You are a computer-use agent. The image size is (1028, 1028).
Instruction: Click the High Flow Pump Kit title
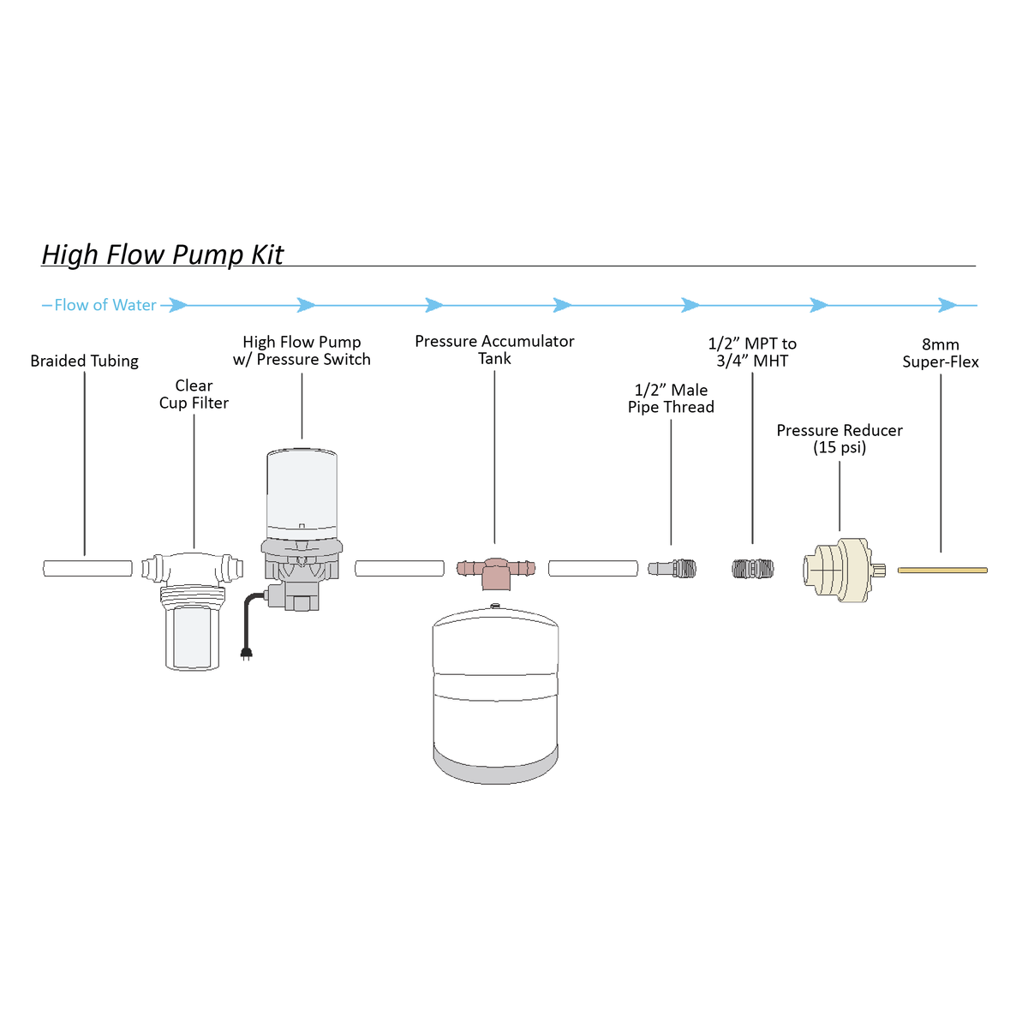(162, 254)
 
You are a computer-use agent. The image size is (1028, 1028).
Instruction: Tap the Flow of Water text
(105, 305)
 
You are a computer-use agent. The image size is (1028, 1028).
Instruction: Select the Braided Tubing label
(84, 362)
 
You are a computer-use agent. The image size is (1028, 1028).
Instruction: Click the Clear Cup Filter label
(194, 394)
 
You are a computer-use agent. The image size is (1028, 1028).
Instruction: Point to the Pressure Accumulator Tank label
(494, 350)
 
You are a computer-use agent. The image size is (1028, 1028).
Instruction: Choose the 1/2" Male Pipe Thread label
(671, 398)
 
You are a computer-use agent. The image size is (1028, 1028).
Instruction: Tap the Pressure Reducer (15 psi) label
(840, 439)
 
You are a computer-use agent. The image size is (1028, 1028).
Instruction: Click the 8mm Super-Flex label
(941, 353)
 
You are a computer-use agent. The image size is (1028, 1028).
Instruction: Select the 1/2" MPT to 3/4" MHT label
(752, 352)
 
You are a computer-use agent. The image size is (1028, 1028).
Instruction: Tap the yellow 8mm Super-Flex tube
(942, 571)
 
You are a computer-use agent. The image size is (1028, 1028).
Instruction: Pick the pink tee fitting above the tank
(496, 573)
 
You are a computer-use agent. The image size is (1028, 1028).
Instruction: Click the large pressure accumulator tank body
(496, 694)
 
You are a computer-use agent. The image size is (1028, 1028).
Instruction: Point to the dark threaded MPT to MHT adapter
(753, 569)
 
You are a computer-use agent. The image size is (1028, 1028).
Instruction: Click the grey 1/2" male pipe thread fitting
(672, 569)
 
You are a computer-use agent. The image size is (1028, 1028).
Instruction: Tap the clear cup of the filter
(192, 634)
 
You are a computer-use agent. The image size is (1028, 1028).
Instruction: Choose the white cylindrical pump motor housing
(302, 494)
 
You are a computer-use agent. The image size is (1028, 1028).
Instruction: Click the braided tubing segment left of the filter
(87, 569)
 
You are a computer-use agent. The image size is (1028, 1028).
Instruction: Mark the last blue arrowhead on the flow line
(948, 305)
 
